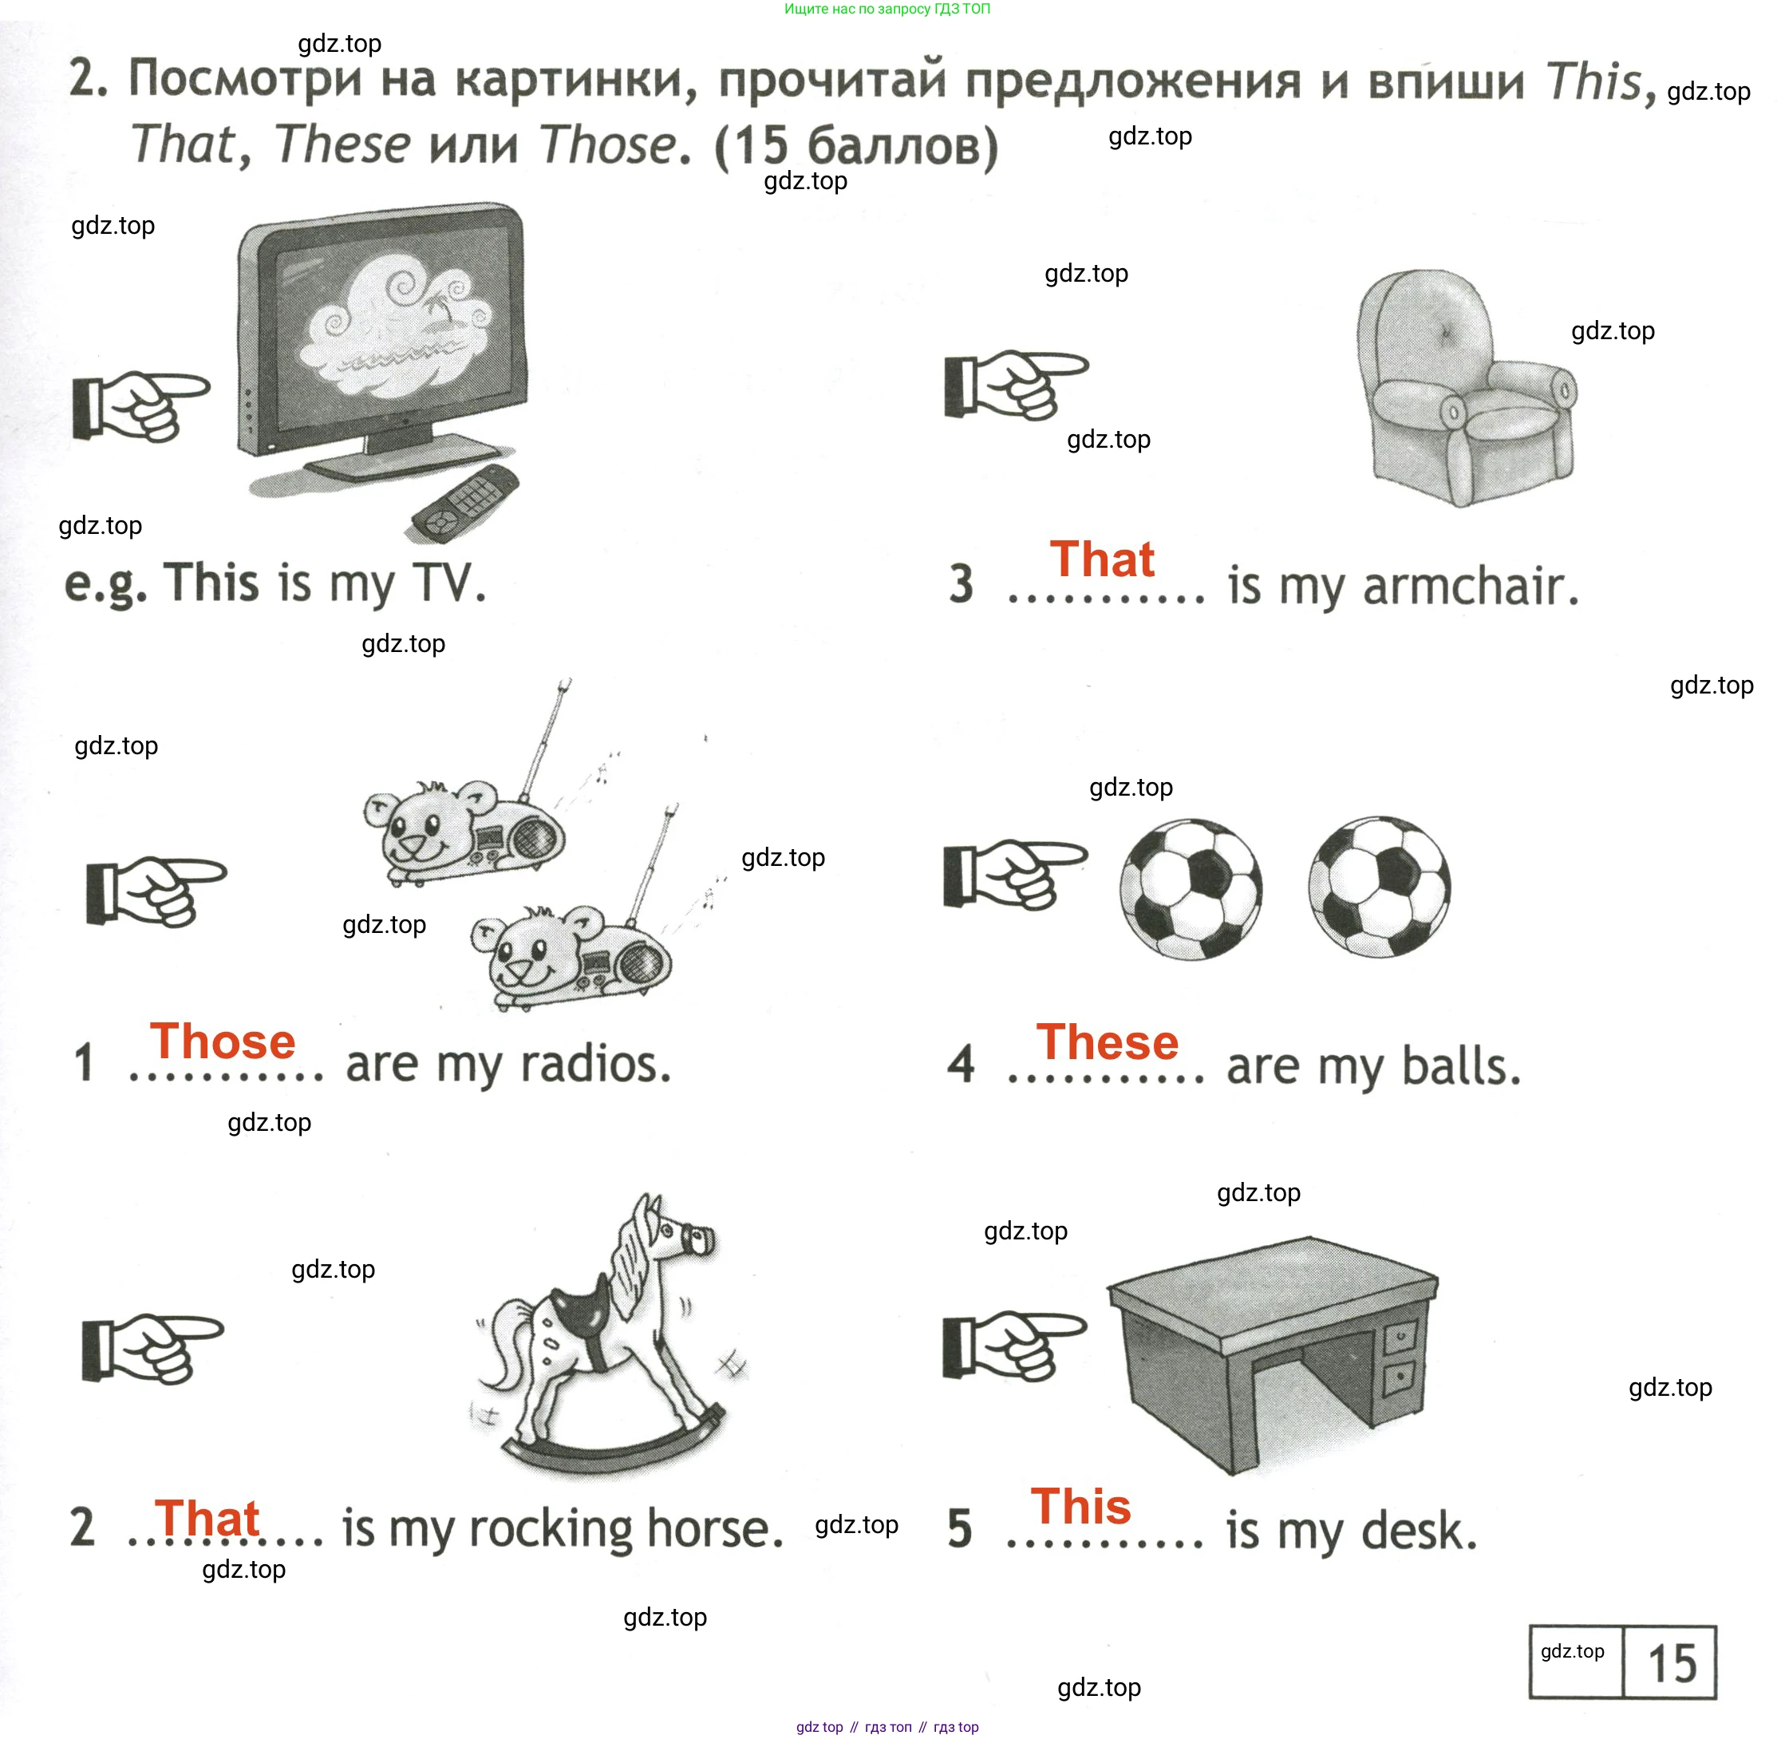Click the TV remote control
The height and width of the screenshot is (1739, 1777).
pos(466,504)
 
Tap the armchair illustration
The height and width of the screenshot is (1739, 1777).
pos(1467,388)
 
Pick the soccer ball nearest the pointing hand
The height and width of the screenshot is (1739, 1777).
pos(1191,887)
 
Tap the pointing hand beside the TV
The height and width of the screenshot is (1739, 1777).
pos(140,405)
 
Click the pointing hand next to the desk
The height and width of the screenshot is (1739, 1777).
pos(1013,1346)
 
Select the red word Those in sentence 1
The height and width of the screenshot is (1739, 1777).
pos(223,1041)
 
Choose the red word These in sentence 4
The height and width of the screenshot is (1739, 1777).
pos(1107,1042)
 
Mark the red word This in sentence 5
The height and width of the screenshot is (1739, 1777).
pos(1081,1506)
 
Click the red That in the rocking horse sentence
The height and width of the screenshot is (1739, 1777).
pos(207,1518)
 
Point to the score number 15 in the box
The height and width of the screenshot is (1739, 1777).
pos(1672,1663)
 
